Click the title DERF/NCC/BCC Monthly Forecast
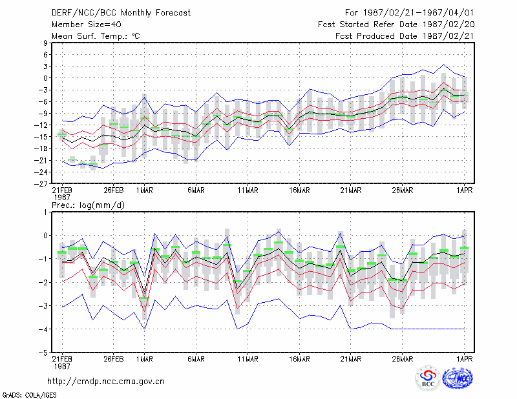pyautogui.click(x=121, y=13)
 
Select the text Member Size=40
pyautogui.click(x=87, y=25)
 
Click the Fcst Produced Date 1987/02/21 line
pyautogui.click(x=405, y=36)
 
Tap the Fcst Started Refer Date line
pyautogui.click(x=396, y=25)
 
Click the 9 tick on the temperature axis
pyautogui.click(x=45, y=43)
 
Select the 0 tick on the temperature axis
pyautogui.click(x=45, y=78)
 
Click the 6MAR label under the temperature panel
pyautogui.click(x=196, y=190)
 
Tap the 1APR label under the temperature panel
pyautogui.click(x=464, y=190)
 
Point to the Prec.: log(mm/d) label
pyautogui.click(x=88, y=205)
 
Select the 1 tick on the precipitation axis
pyautogui.click(x=45, y=212)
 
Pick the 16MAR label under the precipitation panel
pyautogui.click(x=299, y=359)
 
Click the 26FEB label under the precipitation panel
pyautogui.click(x=114, y=359)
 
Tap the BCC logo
pyautogui.click(x=428, y=378)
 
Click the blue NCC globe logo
pyautogui.click(x=458, y=378)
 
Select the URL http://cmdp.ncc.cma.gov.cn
pyautogui.click(x=106, y=382)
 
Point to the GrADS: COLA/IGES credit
pyautogui.click(x=29, y=395)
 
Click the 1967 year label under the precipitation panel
pyautogui.click(x=62, y=366)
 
